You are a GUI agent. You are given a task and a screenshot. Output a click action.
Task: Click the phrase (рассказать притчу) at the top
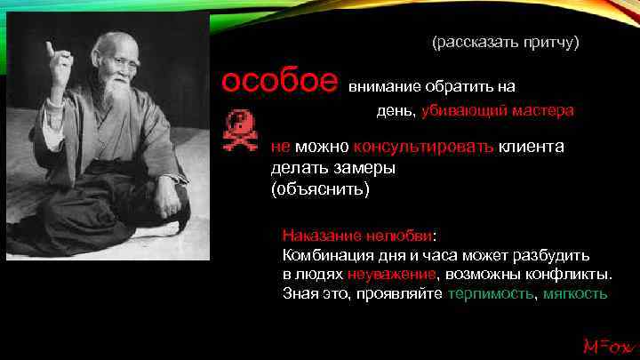(505, 43)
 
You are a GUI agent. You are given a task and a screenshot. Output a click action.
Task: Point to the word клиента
(531, 147)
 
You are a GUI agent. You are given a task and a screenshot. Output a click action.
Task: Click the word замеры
(362, 168)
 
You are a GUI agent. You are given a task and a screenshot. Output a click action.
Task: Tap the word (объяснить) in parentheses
(316, 189)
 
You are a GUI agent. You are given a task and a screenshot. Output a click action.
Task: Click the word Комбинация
(323, 255)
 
